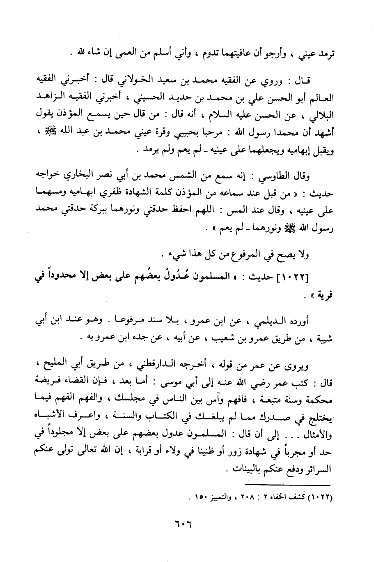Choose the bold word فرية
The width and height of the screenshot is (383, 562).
click(321, 295)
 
